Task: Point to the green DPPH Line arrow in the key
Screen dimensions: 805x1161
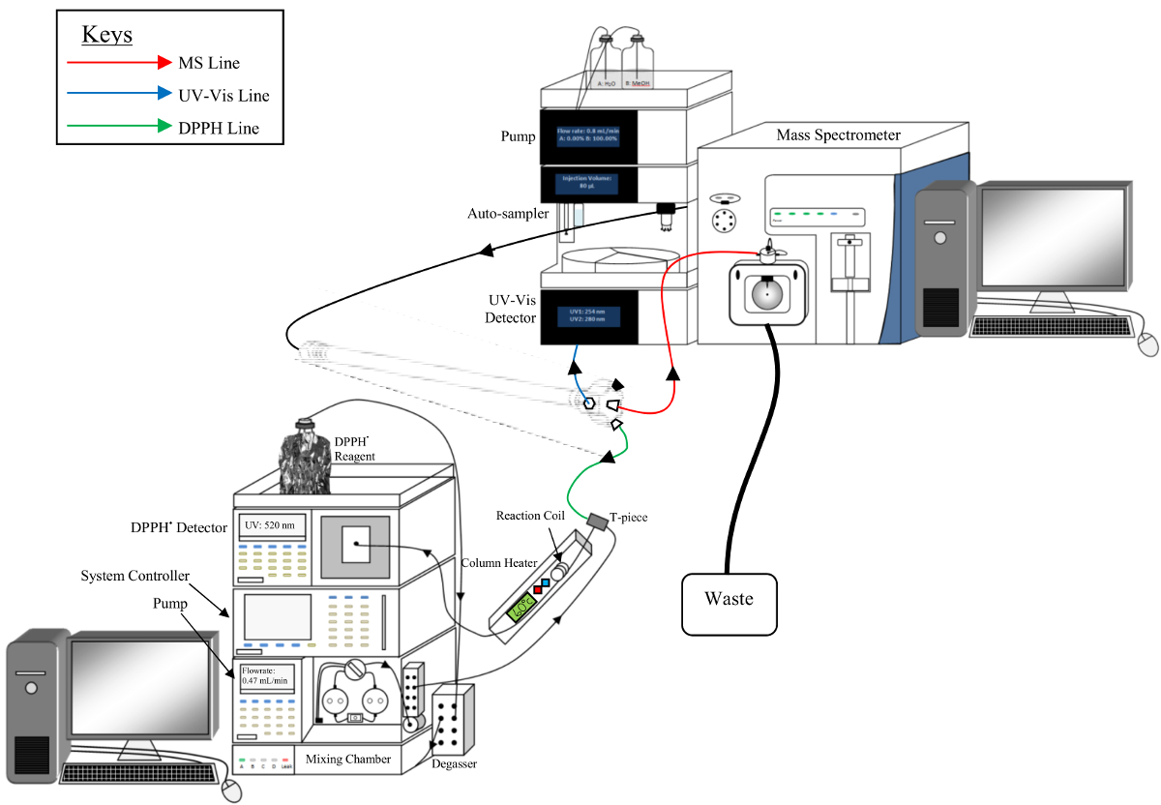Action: [117, 127]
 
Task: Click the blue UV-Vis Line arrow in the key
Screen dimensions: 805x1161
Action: [117, 95]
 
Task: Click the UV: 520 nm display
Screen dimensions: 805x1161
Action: [274, 525]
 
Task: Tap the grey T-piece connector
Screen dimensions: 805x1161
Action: [597, 522]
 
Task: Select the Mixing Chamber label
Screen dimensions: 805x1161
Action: [348, 760]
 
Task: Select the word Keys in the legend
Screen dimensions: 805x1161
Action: [106, 35]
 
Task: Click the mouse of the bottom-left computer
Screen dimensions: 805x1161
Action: [230, 790]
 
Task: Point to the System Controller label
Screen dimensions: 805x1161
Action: [135, 577]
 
